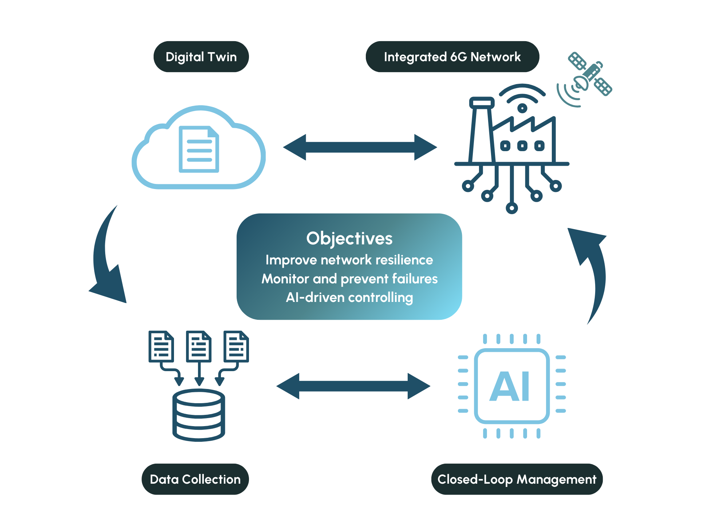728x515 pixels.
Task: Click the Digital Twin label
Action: point(201,57)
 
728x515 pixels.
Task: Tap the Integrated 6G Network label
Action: point(452,57)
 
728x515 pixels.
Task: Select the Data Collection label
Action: point(195,479)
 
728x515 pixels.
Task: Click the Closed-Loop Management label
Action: point(517,479)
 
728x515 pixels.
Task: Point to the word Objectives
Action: point(349,239)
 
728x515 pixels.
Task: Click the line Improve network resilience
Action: point(349,260)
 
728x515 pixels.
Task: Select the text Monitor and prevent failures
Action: point(349,279)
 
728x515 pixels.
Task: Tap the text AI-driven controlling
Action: point(349,298)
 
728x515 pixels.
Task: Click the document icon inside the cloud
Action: point(199,149)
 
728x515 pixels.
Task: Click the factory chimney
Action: point(482,131)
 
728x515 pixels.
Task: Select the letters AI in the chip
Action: point(510,387)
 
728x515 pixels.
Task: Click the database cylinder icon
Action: point(199,415)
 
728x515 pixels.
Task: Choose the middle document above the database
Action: point(199,346)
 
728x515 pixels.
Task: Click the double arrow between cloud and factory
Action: point(360,147)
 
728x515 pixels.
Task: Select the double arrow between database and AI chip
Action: point(353,386)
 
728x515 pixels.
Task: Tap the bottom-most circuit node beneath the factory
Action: point(512,208)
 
